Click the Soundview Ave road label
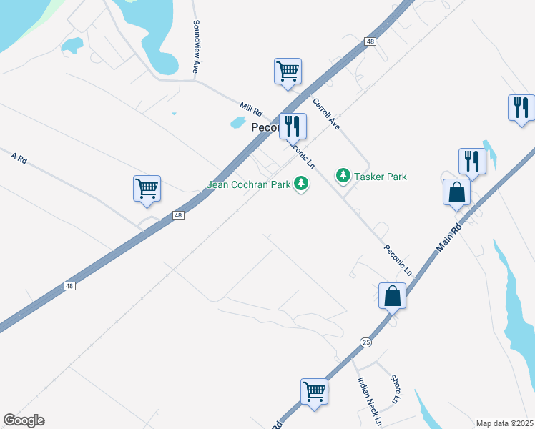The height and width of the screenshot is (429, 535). (195, 46)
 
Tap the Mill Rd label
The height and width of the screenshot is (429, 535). (252, 111)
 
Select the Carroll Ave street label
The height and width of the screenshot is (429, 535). (326, 114)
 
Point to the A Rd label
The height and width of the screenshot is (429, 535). (19, 159)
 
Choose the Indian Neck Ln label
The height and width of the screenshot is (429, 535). (369, 401)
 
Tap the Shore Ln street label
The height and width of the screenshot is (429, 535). (395, 389)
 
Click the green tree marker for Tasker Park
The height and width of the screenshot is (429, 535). (343, 175)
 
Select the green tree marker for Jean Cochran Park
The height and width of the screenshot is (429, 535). (303, 184)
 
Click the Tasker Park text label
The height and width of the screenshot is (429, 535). (381, 176)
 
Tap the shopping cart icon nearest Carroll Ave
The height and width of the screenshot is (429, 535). (288, 72)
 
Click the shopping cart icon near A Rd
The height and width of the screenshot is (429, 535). (147, 189)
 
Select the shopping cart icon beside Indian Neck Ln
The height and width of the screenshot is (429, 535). (314, 392)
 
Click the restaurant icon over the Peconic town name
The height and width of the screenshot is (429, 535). (293, 127)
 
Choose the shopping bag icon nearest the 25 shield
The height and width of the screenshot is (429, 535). (393, 295)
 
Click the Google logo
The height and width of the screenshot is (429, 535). (24, 420)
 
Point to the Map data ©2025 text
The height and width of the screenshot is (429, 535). (504, 423)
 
